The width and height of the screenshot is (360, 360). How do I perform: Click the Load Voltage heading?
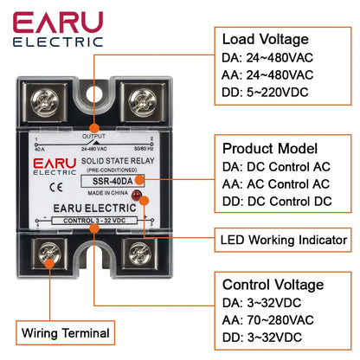[x=266, y=39]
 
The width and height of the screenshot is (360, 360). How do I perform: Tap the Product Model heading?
[x=270, y=148]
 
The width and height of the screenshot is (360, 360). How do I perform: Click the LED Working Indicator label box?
[x=284, y=240]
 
